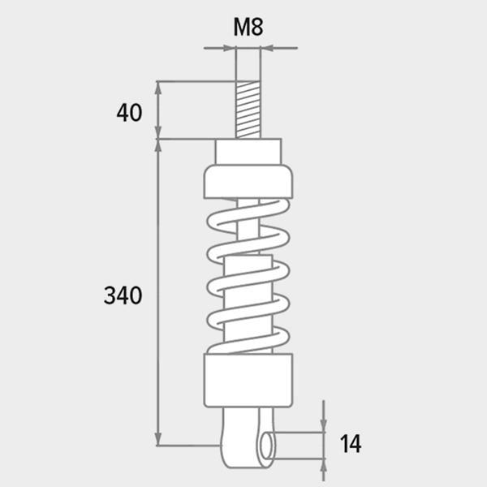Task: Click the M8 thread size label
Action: coord(248,27)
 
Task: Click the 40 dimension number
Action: coord(129,113)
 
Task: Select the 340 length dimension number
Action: coord(123,295)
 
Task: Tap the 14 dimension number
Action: coord(351,444)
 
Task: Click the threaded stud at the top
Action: coord(248,110)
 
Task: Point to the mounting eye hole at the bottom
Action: coord(267,446)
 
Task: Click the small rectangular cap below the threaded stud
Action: coord(248,152)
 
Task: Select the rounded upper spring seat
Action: coord(248,182)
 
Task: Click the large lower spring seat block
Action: coord(248,380)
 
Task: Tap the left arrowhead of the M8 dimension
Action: coord(229,48)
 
